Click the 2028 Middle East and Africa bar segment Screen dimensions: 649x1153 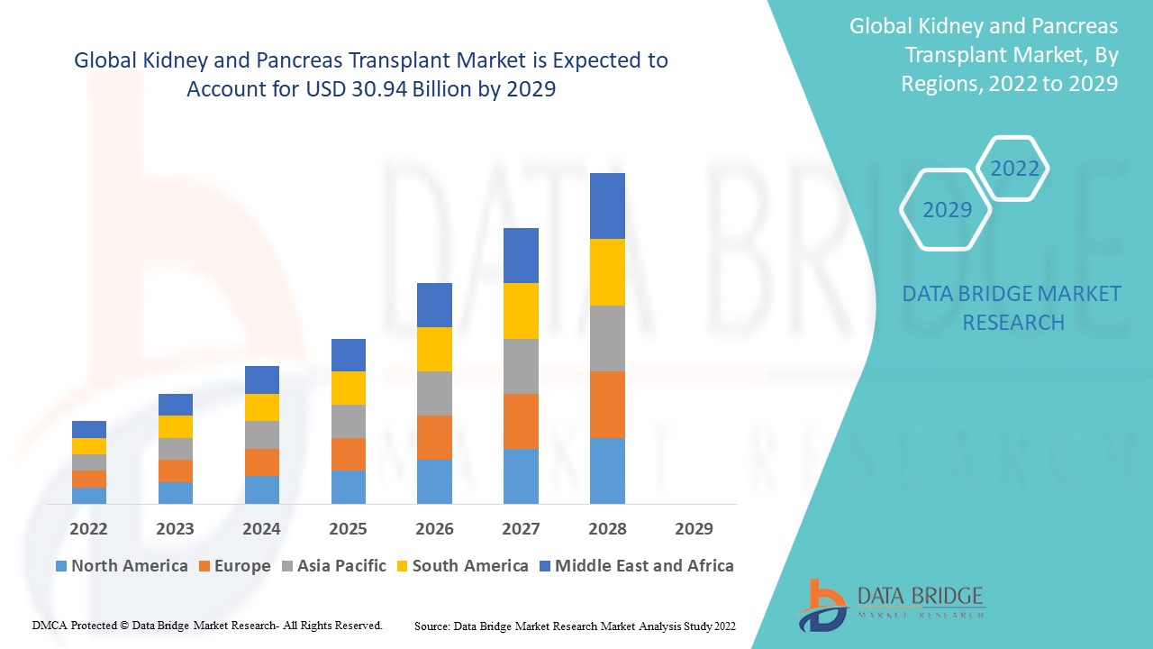point(607,206)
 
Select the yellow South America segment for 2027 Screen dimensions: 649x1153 point(521,311)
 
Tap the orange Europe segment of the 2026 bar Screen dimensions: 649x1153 point(434,437)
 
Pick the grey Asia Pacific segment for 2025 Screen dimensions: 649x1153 point(348,421)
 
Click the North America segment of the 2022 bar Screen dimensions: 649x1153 point(89,495)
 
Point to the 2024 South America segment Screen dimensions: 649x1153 point(261,407)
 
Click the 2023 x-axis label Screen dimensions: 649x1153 point(175,528)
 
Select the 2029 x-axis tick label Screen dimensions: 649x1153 point(694,528)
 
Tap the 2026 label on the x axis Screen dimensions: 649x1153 point(434,528)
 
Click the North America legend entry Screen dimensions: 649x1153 point(122,566)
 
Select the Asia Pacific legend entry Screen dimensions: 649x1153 point(333,566)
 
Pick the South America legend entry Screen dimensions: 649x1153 point(461,566)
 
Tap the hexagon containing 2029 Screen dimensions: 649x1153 point(947,210)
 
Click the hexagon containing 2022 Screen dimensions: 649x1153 point(1014,169)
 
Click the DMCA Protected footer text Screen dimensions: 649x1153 point(207,625)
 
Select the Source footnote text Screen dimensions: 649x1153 point(575,626)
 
